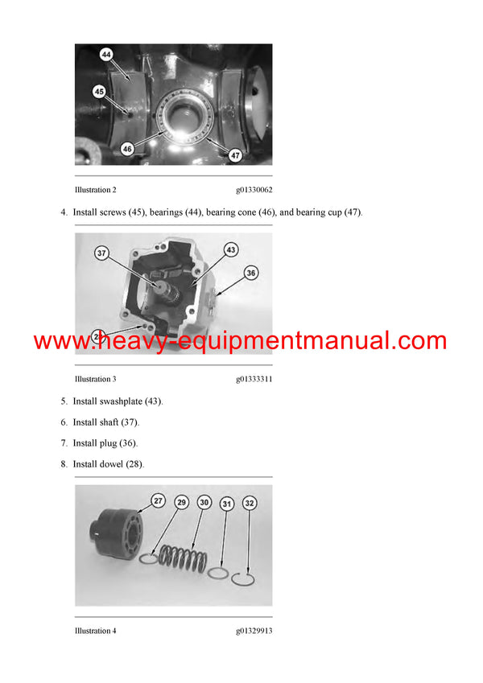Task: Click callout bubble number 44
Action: (107, 55)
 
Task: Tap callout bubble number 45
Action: (99, 91)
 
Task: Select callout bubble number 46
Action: (127, 149)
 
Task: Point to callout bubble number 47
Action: (236, 154)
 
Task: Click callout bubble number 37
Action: (101, 253)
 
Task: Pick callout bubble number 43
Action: (231, 250)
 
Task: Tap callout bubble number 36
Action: (251, 274)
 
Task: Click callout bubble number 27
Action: (159, 501)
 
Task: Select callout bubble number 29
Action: (182, 502)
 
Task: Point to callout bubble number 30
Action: (204, 502)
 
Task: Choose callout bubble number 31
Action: (228, 504)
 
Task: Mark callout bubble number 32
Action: (250, 504)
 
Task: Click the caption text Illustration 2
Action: (95, 190)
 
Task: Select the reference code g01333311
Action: (254, 379)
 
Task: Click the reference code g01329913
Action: (254, 631)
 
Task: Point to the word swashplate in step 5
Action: (123, 401)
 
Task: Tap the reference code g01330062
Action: (254, 190)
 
